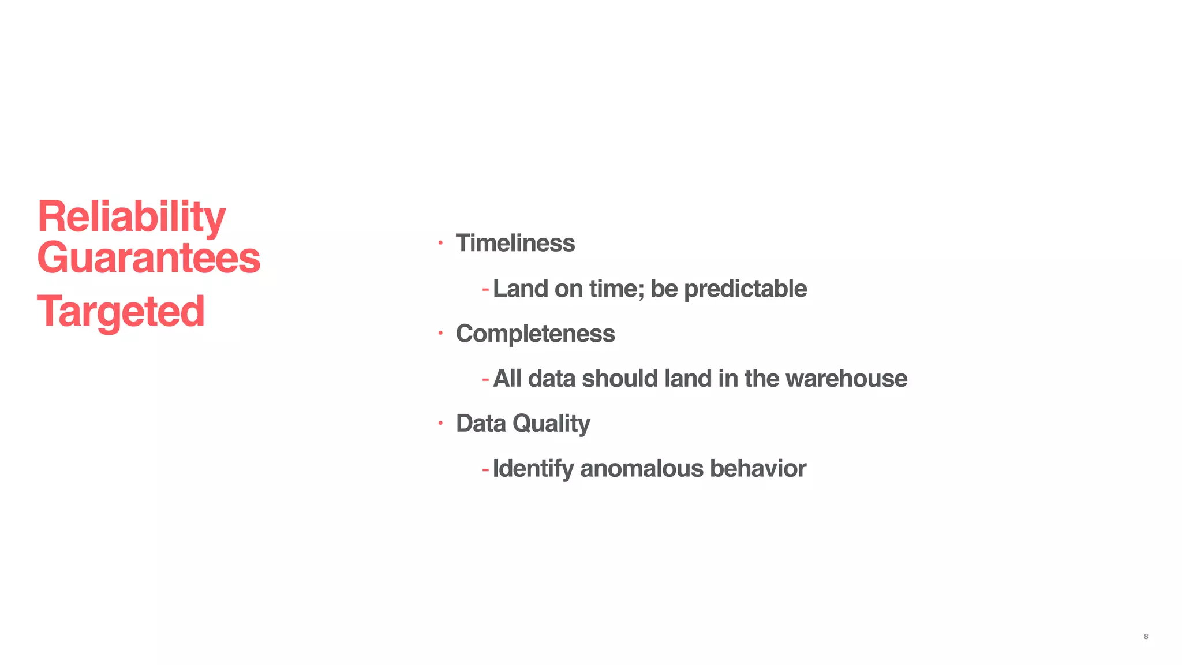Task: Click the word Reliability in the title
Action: pyautogui.click(x=131, y=217)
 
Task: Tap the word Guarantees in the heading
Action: pyautogui.click(x=148, y=258)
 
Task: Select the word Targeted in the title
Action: pyautogui.click(x=121, y=312)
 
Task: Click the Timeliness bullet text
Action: pyautogui.click(x=515, y=243)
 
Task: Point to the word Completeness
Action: pyautogui.click(x=535, y=334)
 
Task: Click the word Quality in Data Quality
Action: pyautogui.click(x=551, y=424)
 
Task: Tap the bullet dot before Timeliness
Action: pyautogui.click(x=440, y=243)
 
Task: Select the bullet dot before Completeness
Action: pyautogui.click(x=440, y=333)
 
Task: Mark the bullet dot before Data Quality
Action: pyautogui.click(x=440, y=423)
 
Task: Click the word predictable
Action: pyautogui.click(x=745, y=289)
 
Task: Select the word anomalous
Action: pyautogui.click(x=641, y=469)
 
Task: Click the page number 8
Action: pyautogui.click(x=1146, y=637)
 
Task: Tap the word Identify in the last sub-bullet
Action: pyautogui.click(x=533, y=469)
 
